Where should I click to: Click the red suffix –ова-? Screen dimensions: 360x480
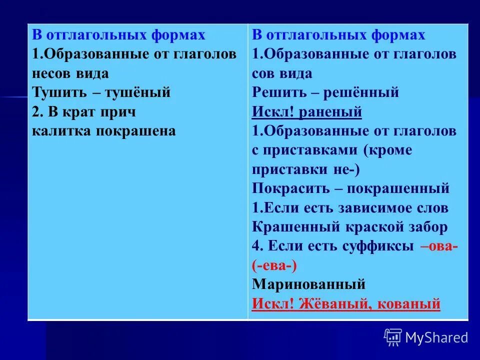tap(439, 246)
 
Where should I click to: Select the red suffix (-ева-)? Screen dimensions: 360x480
tap(274, 265)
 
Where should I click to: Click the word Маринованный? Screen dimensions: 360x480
tap(308, 285)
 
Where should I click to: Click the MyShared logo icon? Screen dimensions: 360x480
tap(393, 337)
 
